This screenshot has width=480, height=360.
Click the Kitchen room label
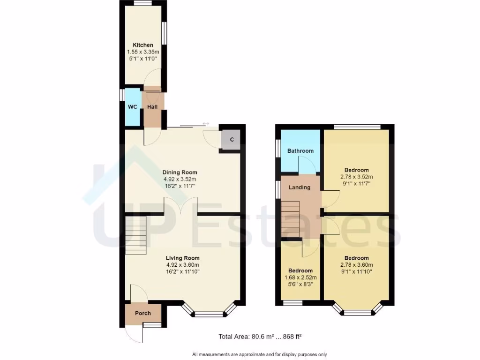click(142, 45)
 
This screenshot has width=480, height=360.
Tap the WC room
click(133, 107)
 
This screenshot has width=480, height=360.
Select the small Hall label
click(152, 107)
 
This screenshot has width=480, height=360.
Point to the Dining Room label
click(180, 172)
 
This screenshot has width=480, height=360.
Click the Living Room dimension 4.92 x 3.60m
click(182, 265)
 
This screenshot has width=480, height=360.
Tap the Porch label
click(143, 314)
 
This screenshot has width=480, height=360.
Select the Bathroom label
click(300, 151)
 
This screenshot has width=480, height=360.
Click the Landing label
click(300, 187)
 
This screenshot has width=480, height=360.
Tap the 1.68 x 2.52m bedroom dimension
click(300, 277)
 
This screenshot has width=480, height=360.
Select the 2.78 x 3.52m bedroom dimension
click(356, 177)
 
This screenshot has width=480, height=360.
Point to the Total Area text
click(262, 336)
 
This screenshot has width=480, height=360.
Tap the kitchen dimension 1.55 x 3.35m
click(142, 52)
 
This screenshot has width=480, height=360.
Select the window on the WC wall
click(121, 95)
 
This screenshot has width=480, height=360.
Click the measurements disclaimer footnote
click(259, 354)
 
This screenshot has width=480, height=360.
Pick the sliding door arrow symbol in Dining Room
click(205, 124)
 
